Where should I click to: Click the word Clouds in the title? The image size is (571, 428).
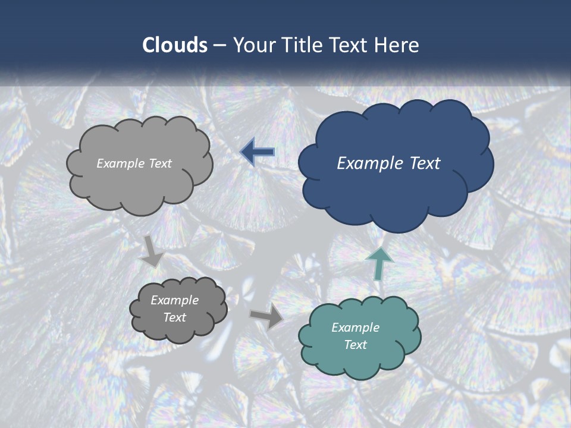[x=175, y=45]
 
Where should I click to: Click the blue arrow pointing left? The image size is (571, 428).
[x=258, y=152]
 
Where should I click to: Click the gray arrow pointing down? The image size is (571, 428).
[x=152, y=251]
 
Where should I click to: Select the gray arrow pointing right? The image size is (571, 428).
[x=267, y=317]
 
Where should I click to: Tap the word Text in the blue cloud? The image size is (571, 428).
[x=424, y=163]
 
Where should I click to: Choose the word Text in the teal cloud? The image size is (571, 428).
[x=355, y=345]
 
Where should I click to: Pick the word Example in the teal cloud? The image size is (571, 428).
[x=355, y=328]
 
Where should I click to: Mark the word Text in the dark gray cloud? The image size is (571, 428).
[x=174, y=317]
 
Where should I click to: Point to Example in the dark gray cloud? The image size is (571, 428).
[x=174, y=300]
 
